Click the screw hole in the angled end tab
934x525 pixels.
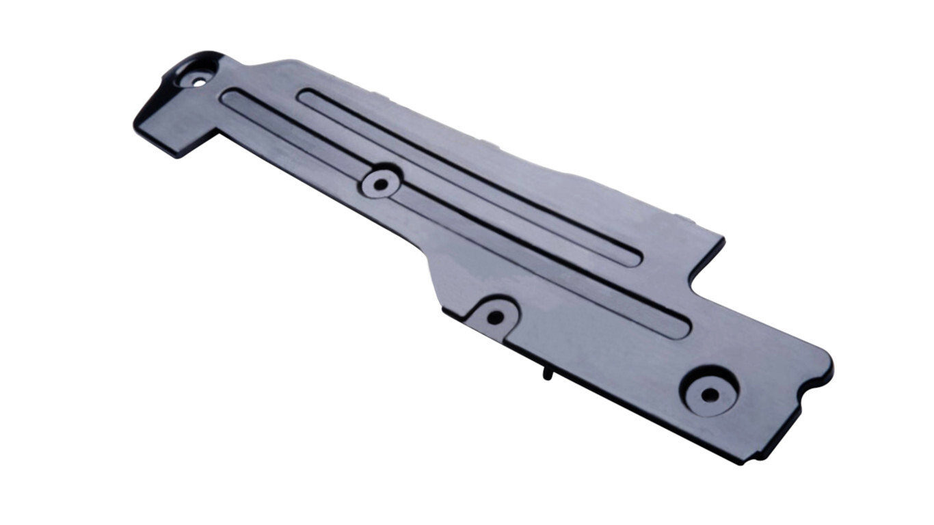point(199,82)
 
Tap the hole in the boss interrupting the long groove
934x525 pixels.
point(379,185)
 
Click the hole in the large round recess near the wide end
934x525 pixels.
point(710,394)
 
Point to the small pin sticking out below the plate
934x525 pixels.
point(548,374)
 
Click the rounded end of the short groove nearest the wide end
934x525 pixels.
point(632,258)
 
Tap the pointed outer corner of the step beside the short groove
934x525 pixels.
point(722,240)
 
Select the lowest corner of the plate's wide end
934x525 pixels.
point(741,462)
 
